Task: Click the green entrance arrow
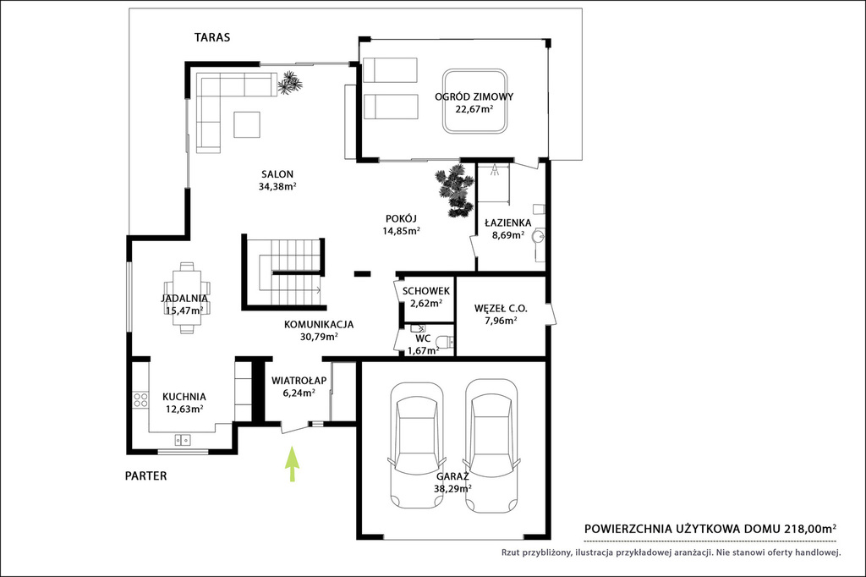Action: [x=292, y=464]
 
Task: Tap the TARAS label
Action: [x=212, y=37]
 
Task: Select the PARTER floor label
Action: [x=145, y=475]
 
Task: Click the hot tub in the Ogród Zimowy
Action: [x=475, y=102]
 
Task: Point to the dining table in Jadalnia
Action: [x=187, y=299]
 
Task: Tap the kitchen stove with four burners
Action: [x=141, y=399]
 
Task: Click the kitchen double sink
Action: [x=183, y=440]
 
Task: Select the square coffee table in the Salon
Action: [x=247, y=124]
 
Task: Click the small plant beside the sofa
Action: [x=289, y=84]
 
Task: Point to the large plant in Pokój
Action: [x=455, y=190]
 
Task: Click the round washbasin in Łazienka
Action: [x=539, y=237]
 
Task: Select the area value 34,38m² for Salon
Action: [x=277, y=187]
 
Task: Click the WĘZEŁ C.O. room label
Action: [x=501, y=309]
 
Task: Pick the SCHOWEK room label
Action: [x=426, y=291]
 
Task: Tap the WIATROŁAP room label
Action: [x=299, y=381]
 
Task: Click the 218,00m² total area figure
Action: [x=810, y=529]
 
